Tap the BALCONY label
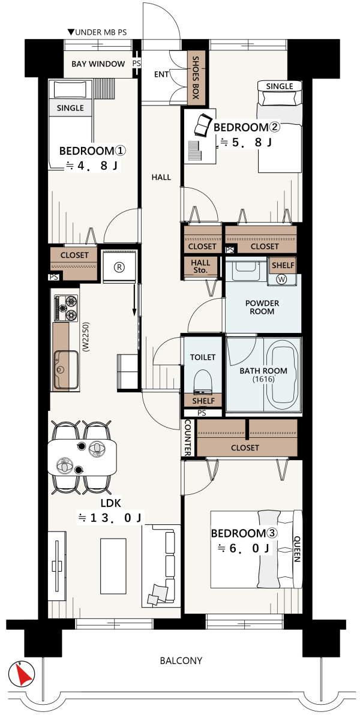click(x=181, y=661)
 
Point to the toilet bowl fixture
click(x=203, y=381)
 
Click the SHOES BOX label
click(x=196, y=77)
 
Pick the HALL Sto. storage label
click(x=201, y=266)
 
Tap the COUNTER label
click(x=187, y=437)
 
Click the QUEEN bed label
click(x=296, y=549)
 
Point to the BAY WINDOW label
click(x=98, y=64)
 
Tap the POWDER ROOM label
click(x=262, y=307)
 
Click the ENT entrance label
click(x=161, y=74)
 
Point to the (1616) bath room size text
click(x=263, y=379)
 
